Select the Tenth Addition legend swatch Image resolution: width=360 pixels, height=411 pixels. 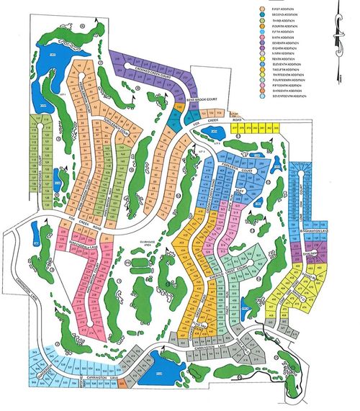(x=262, y=59)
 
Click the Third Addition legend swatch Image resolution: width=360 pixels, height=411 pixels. (x=262, y=20)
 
